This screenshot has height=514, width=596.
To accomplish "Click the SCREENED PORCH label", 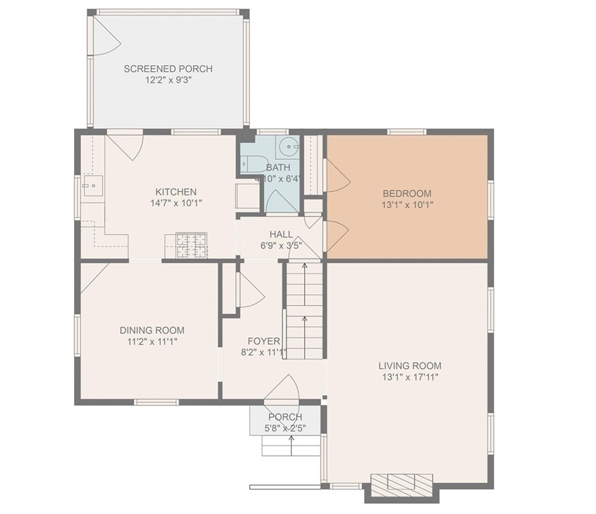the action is [168, 68].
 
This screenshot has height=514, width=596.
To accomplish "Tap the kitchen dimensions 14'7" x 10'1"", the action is [176, 203].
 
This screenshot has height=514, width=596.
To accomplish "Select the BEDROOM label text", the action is [407, 194].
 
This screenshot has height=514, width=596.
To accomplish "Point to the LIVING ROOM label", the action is [410, 366].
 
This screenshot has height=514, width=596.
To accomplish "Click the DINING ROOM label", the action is [152, 330].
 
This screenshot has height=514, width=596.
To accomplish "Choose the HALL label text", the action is [281, 234].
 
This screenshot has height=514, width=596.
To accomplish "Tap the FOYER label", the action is [264, 341].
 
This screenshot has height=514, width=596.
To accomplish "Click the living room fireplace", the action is [402, 485].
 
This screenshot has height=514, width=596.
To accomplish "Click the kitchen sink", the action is [93, 186].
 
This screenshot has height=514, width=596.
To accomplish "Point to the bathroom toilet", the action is [255, 163].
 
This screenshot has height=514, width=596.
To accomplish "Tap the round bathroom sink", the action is [288, 146].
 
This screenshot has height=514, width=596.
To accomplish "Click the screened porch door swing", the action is [107, 36].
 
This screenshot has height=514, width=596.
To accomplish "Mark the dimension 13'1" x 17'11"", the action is [410, 377].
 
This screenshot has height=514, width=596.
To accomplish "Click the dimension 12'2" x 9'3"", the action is [168, 80].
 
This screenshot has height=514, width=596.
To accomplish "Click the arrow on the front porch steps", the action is [291, 446].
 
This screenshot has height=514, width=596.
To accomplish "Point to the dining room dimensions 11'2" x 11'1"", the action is [152, 342].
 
